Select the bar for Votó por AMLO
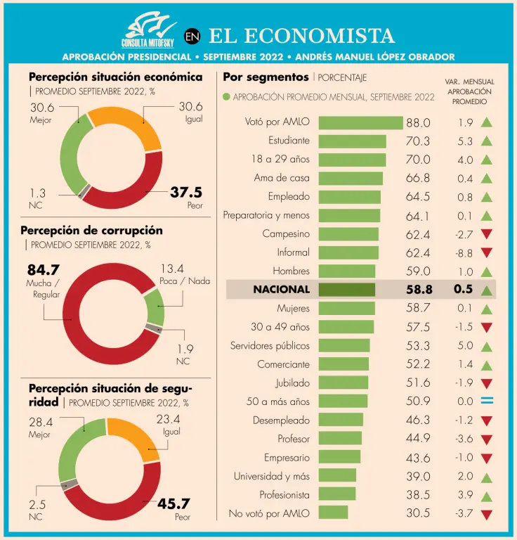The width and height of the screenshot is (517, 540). pos(360,122)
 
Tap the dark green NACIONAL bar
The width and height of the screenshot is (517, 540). pos(346,289)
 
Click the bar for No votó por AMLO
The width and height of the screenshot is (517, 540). pos(333,513)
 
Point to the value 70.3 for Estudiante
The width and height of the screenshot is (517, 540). pos(418,141)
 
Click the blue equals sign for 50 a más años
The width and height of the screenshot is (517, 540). pos(487,401)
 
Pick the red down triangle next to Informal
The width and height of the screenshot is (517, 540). pos(487,252)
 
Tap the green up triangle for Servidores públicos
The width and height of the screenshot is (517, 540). pos(487,346)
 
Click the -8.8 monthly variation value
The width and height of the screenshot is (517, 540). pos(464,252)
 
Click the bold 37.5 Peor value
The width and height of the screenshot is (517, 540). pos(186,193)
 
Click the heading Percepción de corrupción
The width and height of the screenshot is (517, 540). pos(91,230)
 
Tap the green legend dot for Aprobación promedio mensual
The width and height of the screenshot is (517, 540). pos(226,97)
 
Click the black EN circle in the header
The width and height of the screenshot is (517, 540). pos(193,37)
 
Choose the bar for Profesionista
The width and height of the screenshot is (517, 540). pos(337,494)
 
